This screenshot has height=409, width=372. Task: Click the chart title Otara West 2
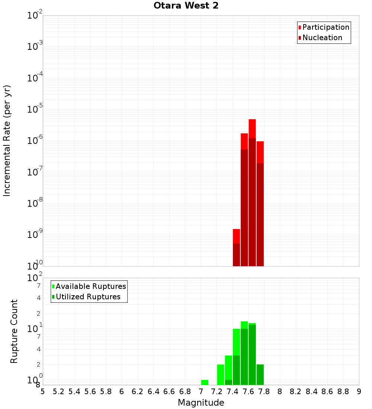(186, 6)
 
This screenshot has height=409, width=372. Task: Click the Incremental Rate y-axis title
(7, 141)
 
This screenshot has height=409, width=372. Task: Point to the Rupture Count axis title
(14, 331)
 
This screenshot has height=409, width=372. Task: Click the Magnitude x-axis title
(201, 403)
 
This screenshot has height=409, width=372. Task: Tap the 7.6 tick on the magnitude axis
(248, 392)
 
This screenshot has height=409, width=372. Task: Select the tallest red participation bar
(252, 128)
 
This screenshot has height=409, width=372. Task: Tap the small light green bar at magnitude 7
(205, 382)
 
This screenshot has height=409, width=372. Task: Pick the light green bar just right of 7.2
(221, 374)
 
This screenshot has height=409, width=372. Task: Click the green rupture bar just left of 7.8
(260, 374)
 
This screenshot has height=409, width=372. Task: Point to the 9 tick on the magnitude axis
(359, 392)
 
